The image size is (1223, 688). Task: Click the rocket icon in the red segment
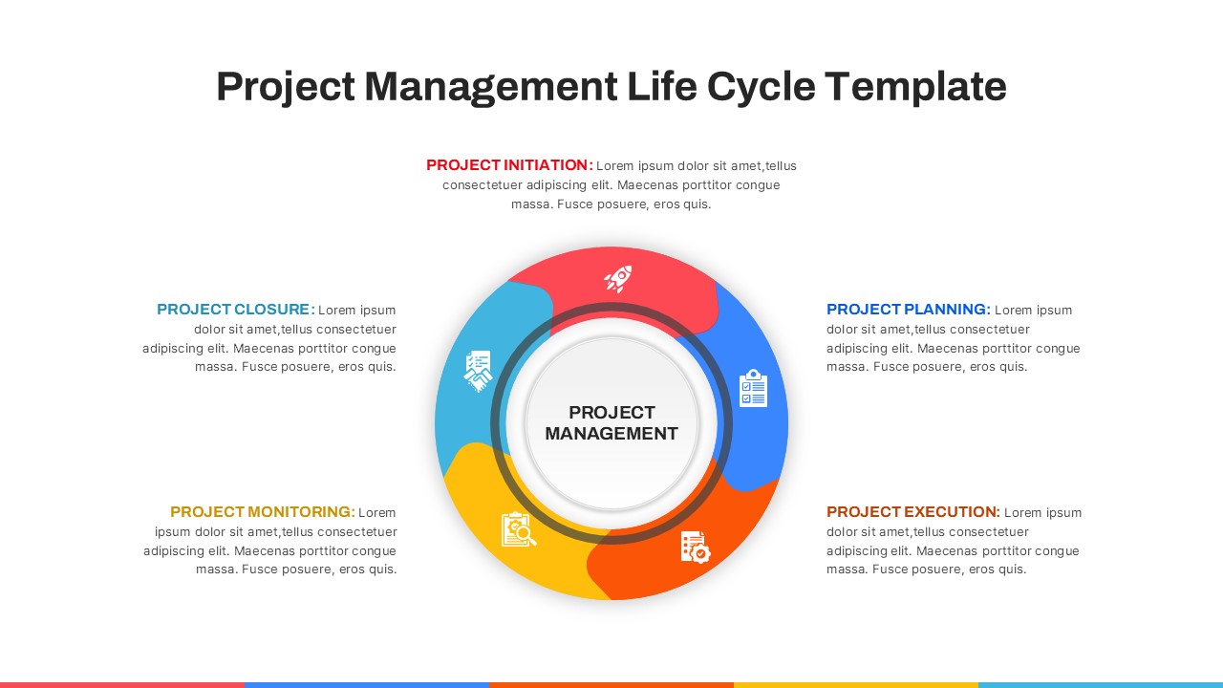pos(618,279)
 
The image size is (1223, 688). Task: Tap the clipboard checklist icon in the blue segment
pos(754,388)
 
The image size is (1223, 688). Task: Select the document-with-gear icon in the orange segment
pos(696,547)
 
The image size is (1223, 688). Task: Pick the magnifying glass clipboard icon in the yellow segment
pos(519,529)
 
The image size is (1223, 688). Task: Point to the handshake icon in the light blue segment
pos(479,372)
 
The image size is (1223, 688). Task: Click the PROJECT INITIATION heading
pos(509,165)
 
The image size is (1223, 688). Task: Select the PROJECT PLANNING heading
pos(908,309)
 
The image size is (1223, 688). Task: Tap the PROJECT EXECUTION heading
pos(912,511)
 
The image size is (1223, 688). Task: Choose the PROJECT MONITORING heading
pos(263,511)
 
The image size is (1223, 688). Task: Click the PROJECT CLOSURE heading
pos(236,309)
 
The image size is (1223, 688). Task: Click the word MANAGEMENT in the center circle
pos(611,434)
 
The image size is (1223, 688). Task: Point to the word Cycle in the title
pos(762,87)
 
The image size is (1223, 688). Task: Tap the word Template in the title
pos(915,87)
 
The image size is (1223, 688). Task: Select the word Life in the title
pos(662,86)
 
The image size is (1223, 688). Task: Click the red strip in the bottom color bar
pos(122,685)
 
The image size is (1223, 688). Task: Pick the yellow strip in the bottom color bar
pos(856,685)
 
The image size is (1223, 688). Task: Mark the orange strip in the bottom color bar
pos(611,685)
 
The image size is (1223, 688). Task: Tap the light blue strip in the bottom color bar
pos(1101,685)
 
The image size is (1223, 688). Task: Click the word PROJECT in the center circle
pos(611,412)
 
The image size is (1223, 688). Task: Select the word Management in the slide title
pos(491,87)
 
